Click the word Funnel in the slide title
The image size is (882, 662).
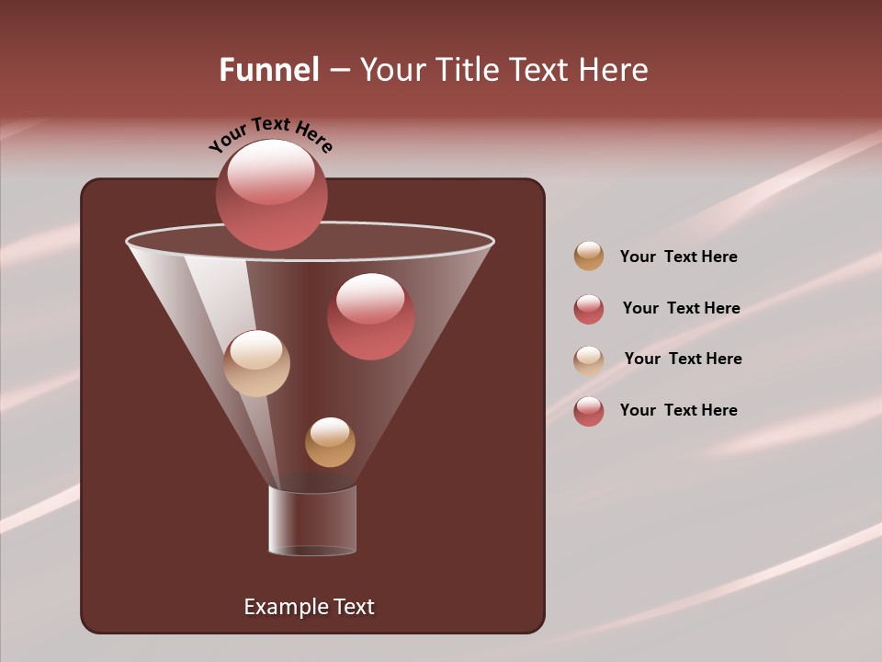pos(268,70)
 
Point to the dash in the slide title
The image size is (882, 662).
pos(338,71)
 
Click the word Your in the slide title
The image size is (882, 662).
pos(392,70)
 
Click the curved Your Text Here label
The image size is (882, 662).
pos(270,134)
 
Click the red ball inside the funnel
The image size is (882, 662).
pos(370,316)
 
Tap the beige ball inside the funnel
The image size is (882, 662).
pos(256,363)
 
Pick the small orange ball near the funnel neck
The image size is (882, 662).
pos(330,442)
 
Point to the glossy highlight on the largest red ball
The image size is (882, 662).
pos(271,171)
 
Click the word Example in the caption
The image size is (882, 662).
pos(285,607)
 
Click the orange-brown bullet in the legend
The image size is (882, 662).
pos(589,256)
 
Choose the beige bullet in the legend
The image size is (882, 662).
pos(589,360)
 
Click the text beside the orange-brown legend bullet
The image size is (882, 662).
pos(678,257)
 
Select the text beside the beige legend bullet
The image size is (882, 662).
pos(683,360)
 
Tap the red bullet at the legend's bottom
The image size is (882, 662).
pos(589,411)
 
